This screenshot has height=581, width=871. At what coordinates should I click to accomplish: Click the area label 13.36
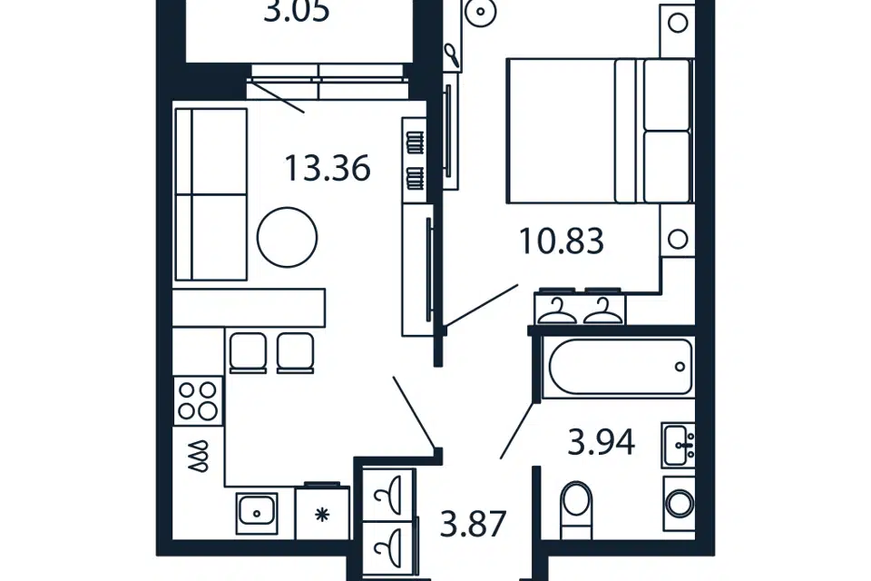pos(328,169)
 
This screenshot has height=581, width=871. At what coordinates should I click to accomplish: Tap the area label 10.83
pos(561,241)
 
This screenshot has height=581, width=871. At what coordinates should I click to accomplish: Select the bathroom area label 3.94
pos(601,443)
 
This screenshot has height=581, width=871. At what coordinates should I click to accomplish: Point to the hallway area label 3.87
pos(473,524)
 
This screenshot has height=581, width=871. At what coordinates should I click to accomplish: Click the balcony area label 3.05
pos(297,11)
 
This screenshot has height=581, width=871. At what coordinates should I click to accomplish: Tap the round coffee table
pos(287,237)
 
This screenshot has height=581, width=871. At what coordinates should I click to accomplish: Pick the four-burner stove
pos(198,401)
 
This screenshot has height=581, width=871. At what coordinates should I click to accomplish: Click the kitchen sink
pos(256,513)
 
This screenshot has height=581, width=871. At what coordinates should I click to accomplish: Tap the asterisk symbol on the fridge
pos(322,515)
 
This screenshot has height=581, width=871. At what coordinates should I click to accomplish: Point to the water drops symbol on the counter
pos(199,457)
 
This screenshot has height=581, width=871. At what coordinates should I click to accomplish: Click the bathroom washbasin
pos(678,445)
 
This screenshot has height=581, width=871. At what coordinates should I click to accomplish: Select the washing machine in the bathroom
pos(679,504)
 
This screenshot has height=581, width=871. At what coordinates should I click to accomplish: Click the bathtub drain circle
pos(680,367)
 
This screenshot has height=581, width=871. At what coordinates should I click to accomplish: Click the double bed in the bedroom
pos(600,131)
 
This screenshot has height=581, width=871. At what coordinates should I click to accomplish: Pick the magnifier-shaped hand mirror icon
pos(452,55)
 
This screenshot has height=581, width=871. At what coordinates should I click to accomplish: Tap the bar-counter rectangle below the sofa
pos(249,308)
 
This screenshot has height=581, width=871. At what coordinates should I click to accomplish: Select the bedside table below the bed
pos(677,239)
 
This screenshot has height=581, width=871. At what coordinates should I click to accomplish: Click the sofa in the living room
pos(210,194)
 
